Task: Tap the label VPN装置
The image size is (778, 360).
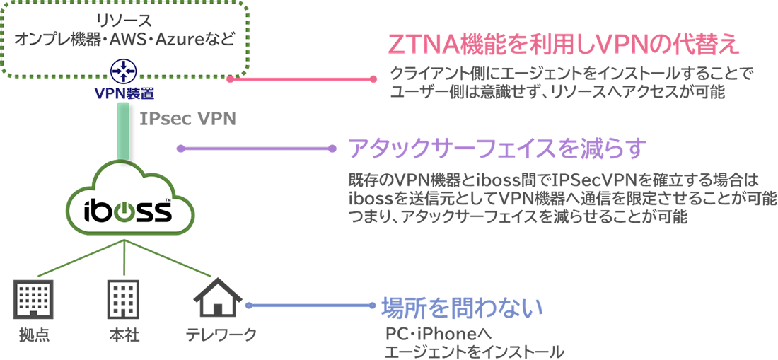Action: (124, 92)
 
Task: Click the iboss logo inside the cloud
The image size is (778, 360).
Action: (127, 210)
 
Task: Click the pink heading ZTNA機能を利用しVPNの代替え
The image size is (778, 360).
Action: (564, 46)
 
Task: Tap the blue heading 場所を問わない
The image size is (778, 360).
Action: (462, 307)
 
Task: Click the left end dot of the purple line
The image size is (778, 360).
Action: (181, 149)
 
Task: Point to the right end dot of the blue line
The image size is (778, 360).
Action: (373, 306)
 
